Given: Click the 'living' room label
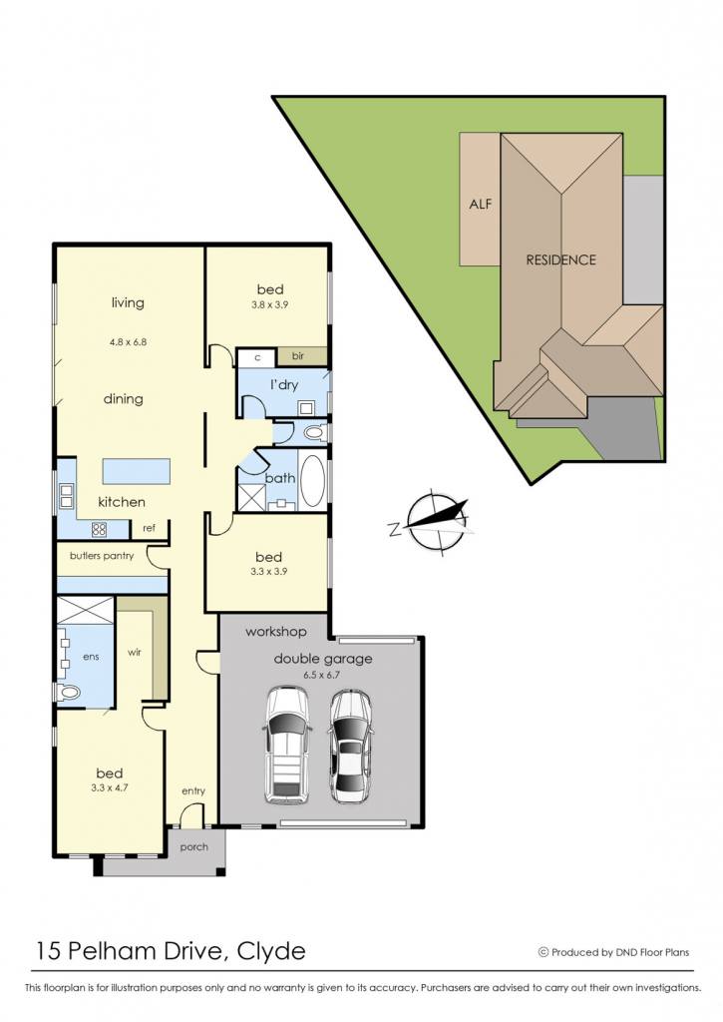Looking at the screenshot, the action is point(128,303).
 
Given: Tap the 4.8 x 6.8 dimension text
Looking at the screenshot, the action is point(129,341).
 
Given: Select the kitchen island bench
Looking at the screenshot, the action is point(137,471).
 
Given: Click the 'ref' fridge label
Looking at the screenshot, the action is point(150,528).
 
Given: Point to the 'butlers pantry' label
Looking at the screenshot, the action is point(102,556).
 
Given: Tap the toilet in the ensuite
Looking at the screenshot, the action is point(66,692).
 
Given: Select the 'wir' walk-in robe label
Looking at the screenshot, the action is point(135,653).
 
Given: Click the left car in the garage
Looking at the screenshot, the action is point(287,745).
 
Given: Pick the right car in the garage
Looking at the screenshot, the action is point(350,747).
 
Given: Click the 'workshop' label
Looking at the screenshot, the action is point(275,632).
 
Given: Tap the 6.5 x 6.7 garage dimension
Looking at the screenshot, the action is point(322,675).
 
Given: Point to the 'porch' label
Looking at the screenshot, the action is point(194,847).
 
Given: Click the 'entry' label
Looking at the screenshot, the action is point(193,790).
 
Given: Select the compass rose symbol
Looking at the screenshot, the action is point(430,523).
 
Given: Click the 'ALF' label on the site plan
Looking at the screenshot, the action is point(481,204).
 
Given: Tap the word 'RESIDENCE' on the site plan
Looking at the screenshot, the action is point(560,260).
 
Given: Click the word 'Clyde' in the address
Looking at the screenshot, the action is point(271,951).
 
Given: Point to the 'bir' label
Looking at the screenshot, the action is point(297,356).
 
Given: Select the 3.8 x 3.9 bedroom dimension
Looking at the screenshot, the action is point(269,304).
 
